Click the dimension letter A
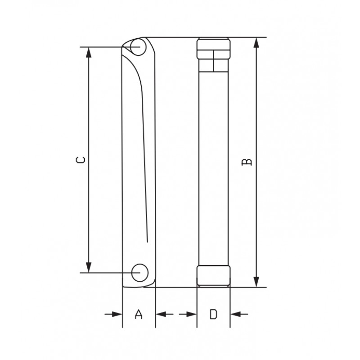tap(139, 314)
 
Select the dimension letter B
tap(246, 162)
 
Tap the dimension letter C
tap(80, 160)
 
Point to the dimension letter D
tap(214, 314)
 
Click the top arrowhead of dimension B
tap(256, 42)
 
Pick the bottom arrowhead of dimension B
tap(256, 282)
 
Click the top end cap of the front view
tap(214, 47)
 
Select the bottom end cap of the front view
tap(214, 275)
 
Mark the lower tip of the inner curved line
tap(148, 239)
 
